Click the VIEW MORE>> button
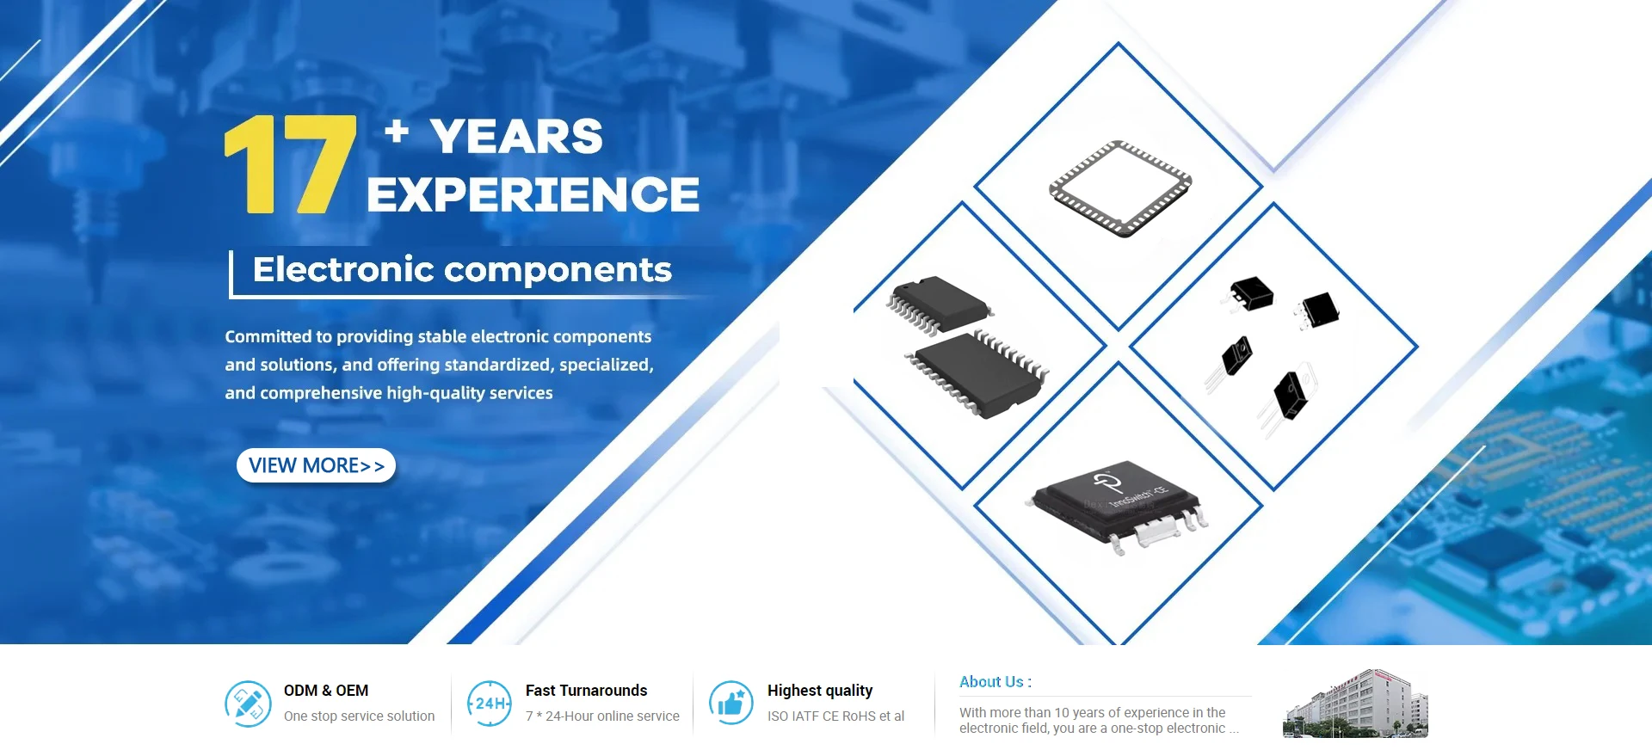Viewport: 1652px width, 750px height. (316, 465)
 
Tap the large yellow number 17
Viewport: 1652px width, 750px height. (290, 164)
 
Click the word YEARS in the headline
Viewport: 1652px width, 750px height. (516, 137)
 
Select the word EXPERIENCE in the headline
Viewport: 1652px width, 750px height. (533, 194)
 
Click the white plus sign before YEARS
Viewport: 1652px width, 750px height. (397, 131)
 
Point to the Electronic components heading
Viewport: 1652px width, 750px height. (462, 270)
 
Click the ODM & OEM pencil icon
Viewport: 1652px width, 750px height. (248, 704)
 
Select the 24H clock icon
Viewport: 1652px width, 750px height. (489, 704)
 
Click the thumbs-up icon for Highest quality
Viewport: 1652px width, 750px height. (731, 704)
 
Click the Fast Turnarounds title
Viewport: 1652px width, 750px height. (586, 691)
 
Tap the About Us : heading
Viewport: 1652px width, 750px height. (996, 682)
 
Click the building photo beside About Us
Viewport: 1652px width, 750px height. (1355, 704)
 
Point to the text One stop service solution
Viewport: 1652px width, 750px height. (359, 716)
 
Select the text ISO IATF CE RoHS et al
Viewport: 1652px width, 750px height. (835, 716)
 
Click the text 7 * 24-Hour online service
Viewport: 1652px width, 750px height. (602, 716)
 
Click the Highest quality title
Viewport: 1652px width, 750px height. (820, 691)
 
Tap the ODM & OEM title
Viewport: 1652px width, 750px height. (326, 691)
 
